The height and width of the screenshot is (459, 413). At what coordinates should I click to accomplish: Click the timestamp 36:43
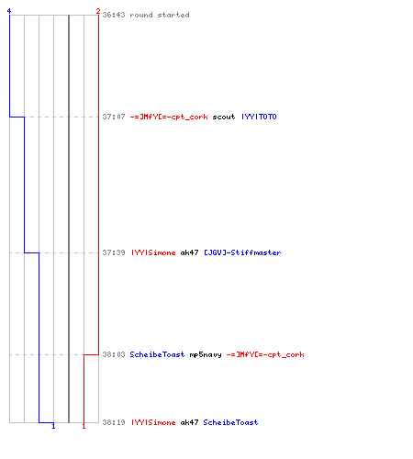pyautogui.click(x=114, y=15)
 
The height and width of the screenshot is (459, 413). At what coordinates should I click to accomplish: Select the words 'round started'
pyautogui.click(x=160, y=15)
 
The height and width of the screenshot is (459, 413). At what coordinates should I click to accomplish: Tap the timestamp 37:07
pyautogui.click(x=114, y=117)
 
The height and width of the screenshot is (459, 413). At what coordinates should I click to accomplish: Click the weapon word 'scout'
pyautogui.click(x=224, y=117)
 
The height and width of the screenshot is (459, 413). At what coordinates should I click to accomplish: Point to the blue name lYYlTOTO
pyautogui.click(x=259, y=117)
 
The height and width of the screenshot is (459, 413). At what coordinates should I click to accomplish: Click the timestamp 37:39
pyautogui.click(x=114, y=252)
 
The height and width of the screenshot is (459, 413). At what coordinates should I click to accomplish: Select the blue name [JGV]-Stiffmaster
pyautogui.click(x=242, y=252)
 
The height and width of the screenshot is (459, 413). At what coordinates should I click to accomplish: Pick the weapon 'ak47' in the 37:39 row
pyautogui.click(x=189, y=252)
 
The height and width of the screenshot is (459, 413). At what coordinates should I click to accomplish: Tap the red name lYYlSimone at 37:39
pyautogui.click(x=153, y=252)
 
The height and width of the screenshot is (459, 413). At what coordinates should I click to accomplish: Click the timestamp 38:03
pyautogui.click(x=114, y=354)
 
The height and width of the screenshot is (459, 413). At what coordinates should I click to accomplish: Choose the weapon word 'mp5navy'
pyautogui.click(x=206, y=355)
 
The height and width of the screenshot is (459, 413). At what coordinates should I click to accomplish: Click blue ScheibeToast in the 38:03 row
pyautogui.click(x=157, y=354)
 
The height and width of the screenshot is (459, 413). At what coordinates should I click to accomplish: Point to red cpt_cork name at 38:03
pyautogui.click(x=265, y=354)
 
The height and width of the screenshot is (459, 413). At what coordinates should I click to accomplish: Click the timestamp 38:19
pyautogui.click(x=114, y=422)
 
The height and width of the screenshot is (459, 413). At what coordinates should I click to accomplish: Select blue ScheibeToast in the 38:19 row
pyautogui.click(x=230, y=422)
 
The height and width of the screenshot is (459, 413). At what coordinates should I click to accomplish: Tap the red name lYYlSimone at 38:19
pyautogui.click(x=153, y=422)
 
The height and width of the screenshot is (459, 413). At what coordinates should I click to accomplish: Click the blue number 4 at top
pyautogui.click(x=9, y=11)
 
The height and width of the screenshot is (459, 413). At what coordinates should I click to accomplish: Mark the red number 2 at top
pyautogui.click(x=98, y=11)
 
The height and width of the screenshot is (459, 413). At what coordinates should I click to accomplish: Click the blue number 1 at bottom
pyautogui.click(x=53, y=426)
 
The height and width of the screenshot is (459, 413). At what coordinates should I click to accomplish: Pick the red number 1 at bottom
pyautogui.click(x=84, y=426)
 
